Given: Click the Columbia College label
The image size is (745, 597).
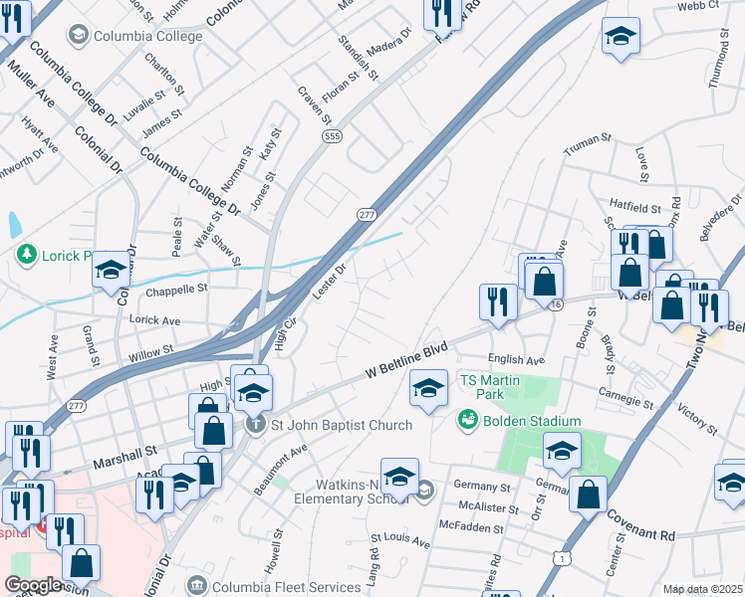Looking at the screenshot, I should pyautogui.click(x=147, y=37).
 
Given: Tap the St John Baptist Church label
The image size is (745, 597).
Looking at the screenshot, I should pyautogui.click(x=342, y=426).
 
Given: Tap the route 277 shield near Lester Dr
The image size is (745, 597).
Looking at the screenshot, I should pyautogui.click(x=368, y=214).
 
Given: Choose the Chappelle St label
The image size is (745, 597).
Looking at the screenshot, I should pyautogui.click(x=175, y=289).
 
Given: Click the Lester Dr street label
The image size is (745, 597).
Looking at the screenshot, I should pyautogui.click(x=328, y=280).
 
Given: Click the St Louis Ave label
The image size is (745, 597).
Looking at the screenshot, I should pyautogui.click(x=400, y=543).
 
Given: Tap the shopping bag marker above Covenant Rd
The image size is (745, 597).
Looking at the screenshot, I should pyautogui.click(x=589, y=492).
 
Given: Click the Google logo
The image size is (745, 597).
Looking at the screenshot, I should pyautogui.click(x=34, y=585).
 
